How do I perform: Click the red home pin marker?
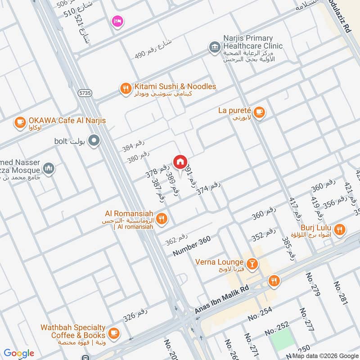[180, 161]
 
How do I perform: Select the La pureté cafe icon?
[259, 112]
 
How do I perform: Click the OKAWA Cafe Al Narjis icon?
[20, 121]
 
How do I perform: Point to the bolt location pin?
[94, 141]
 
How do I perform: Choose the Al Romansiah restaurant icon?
[162, 219]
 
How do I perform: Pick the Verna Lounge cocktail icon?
[252, 262]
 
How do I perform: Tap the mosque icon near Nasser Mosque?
[49, 169]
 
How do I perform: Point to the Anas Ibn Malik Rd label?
[221, 300]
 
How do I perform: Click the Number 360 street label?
[191, 247]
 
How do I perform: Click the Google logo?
[19, 353]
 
